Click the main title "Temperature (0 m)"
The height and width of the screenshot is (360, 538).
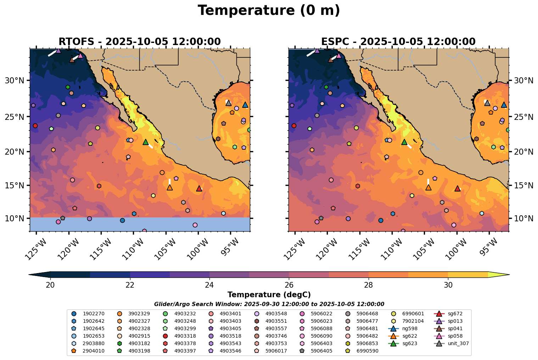[269, 11]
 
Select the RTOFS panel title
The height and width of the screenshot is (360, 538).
[139, 42]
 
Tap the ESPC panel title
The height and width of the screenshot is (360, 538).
[398, 42]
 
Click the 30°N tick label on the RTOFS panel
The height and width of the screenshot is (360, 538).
[15, 81]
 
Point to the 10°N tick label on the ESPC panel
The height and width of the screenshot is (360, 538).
[523, 218]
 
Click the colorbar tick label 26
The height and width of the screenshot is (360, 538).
[289, 286]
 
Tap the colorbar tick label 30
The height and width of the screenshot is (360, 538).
[448, 286]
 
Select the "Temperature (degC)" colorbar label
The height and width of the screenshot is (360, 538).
[269, 295]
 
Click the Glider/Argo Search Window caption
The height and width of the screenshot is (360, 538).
[269, 304]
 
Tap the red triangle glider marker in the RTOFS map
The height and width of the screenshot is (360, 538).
[199, 189]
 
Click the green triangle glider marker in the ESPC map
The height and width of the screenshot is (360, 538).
[404, 142]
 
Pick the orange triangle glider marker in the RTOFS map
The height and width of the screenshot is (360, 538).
[169, 188]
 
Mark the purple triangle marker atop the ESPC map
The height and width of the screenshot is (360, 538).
[317, 51]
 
